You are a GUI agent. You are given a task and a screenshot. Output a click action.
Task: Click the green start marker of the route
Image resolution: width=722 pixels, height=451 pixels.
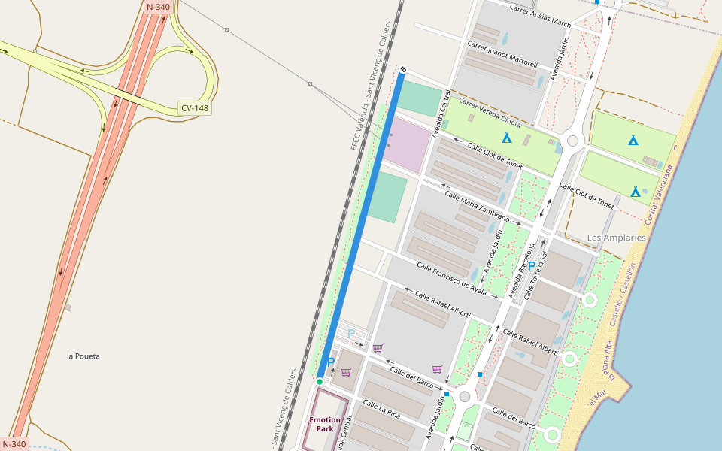click(x=320, y=382)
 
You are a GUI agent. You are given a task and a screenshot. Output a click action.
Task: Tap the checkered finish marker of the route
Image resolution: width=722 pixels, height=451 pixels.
click(x=404, y=70)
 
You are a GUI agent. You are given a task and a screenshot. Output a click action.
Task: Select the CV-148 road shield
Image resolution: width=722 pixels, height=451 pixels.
click(x=195, y=108)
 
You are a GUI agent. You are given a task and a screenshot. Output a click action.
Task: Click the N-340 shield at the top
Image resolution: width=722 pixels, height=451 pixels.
click(x=159, y=7)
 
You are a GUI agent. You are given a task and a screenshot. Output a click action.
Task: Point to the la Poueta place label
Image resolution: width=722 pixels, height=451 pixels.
click(x=83, y=356)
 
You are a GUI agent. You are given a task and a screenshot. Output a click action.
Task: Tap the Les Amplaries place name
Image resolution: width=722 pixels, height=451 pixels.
click(x=616, y=238)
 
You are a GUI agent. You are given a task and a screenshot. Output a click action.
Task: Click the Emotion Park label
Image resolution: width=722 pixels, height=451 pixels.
click(x=325, y=425)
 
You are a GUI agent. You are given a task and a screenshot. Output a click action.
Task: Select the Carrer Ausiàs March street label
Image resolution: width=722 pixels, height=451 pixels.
click(x=540, y=17)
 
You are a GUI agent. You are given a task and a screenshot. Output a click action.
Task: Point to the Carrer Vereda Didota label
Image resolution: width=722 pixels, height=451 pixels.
click(x=490, y=111)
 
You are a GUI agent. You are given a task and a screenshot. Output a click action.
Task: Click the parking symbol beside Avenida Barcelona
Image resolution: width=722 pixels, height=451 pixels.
click(x=532, y=265)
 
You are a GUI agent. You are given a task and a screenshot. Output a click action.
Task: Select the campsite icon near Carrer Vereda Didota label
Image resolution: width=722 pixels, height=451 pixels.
click(x=507, y=138)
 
